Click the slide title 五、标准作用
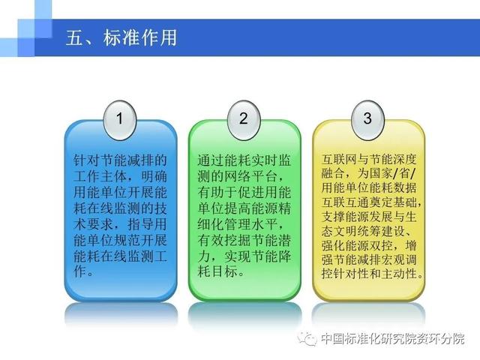[x=121, y=38]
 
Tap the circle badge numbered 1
[x=120, y=120]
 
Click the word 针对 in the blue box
[x=87, y=160]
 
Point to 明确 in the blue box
[x=154, y=176]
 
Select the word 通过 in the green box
[x=211, y=160]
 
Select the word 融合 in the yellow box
[x=333, y=173]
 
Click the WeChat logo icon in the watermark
[x=307, y=338]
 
